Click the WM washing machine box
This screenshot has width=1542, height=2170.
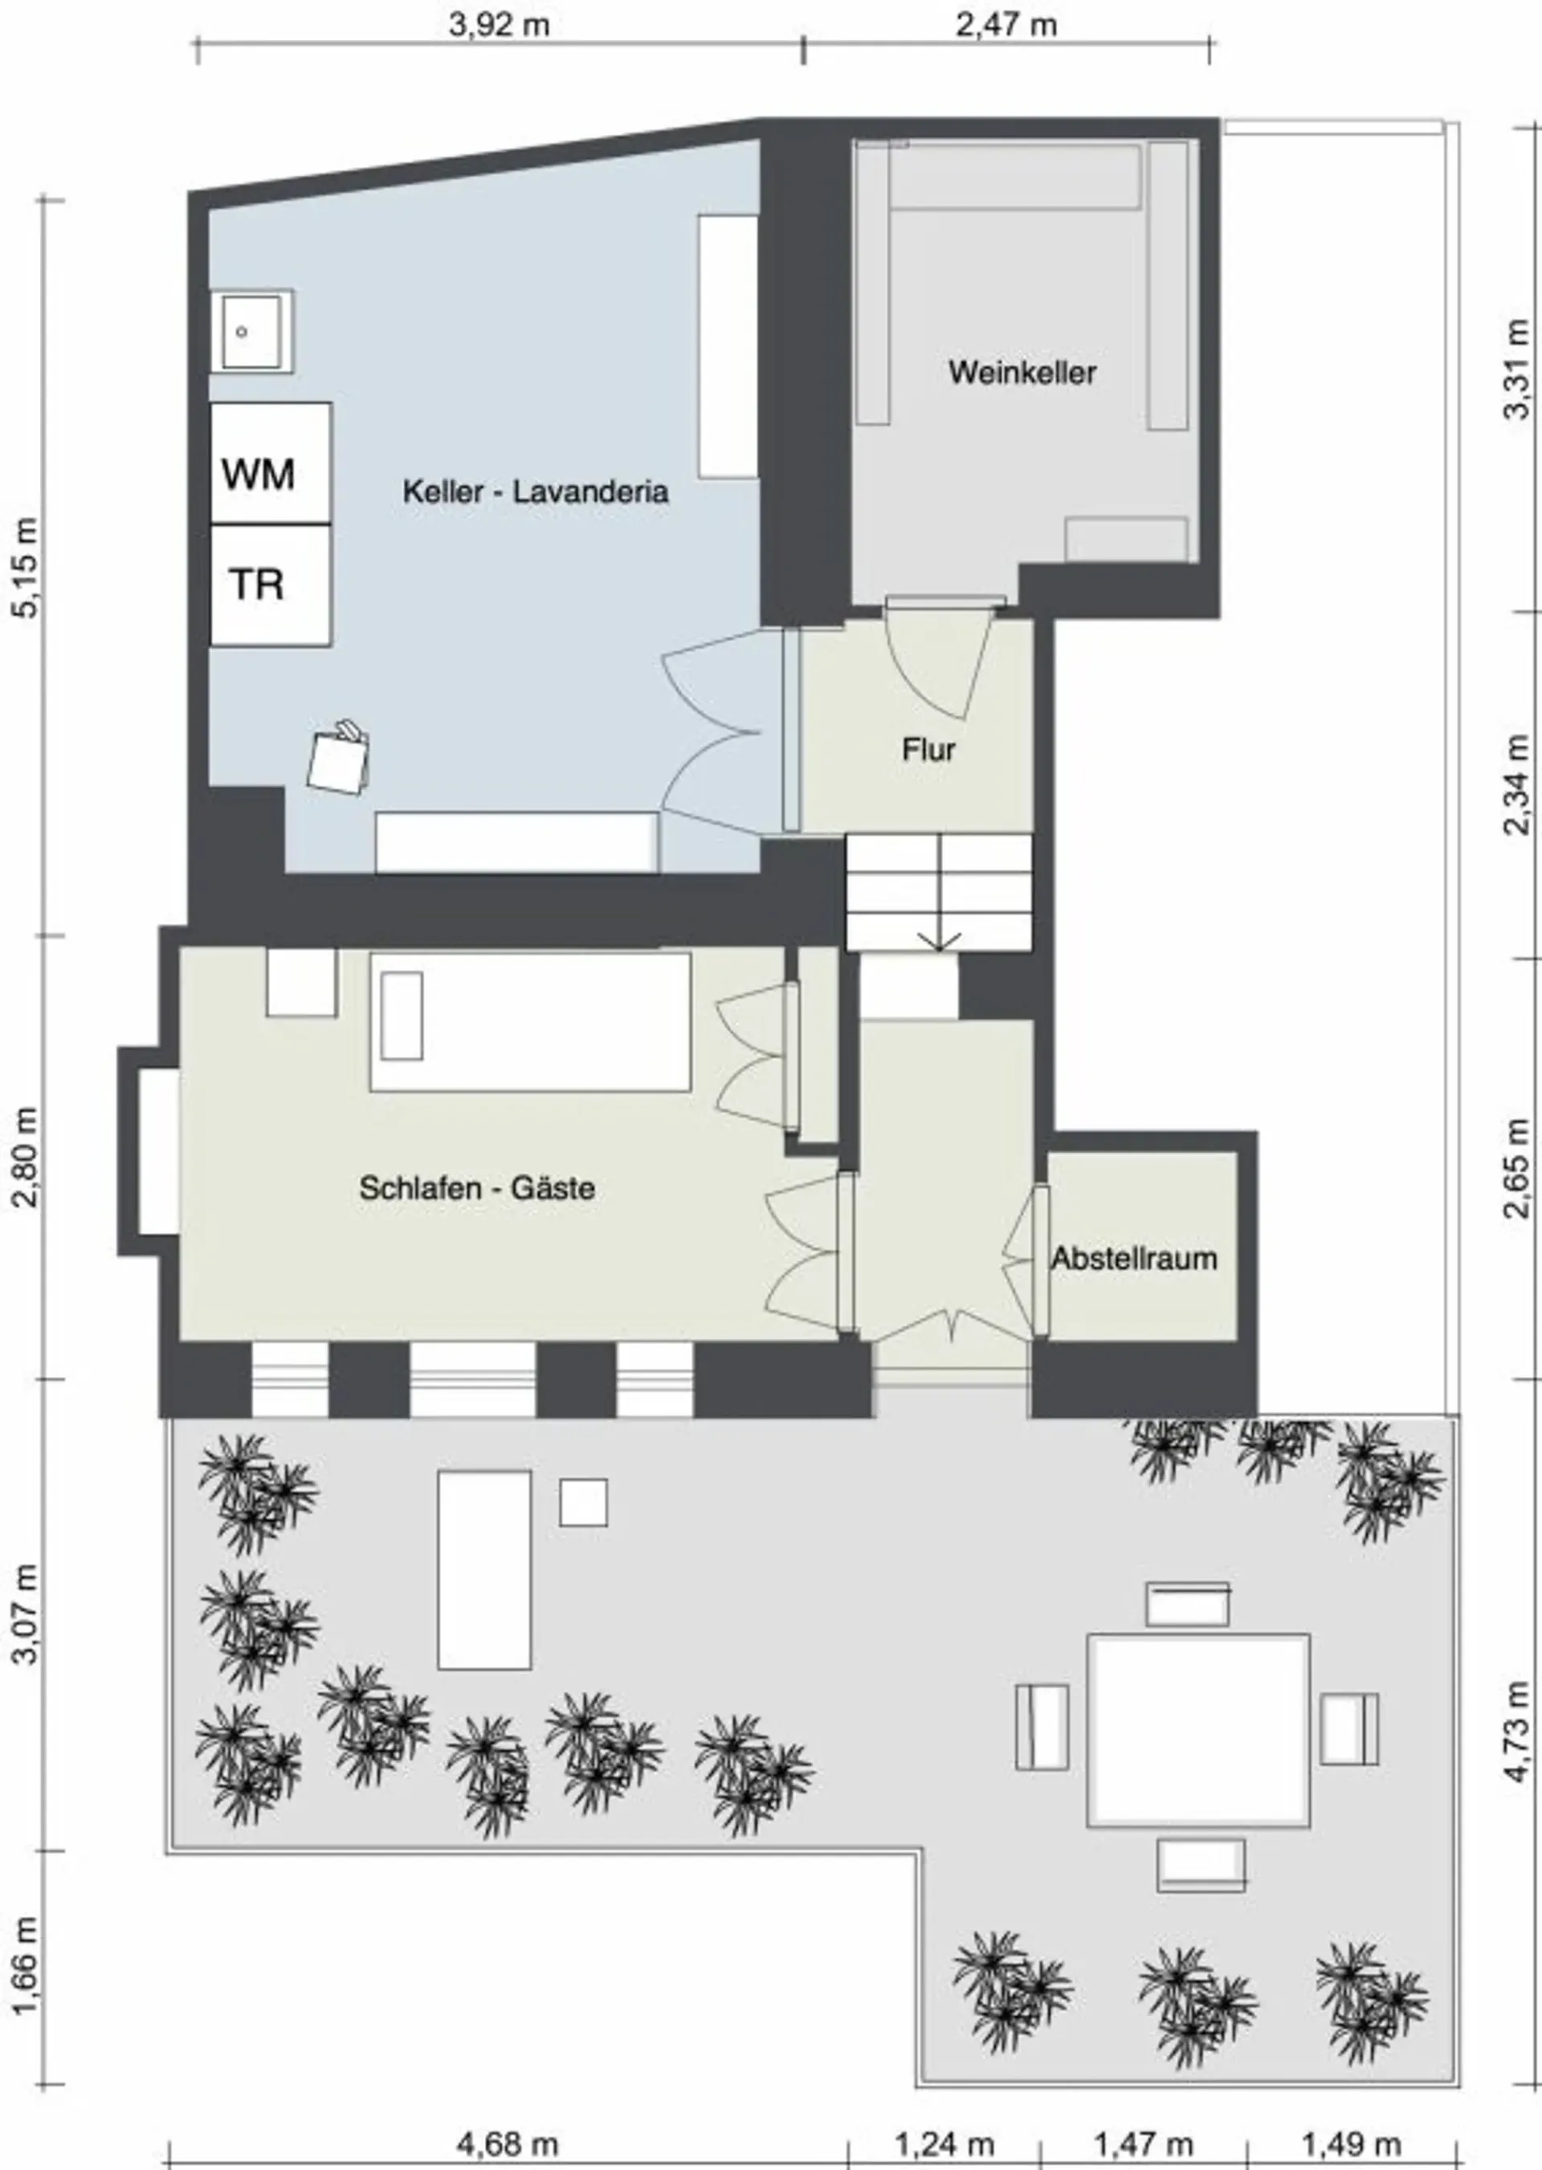point(271,462)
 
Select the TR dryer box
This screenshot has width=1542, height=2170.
point(271,584)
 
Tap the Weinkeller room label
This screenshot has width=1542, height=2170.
point(1022,373)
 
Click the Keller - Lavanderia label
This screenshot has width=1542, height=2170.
point(536,491)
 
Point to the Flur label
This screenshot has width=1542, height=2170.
point(928,750)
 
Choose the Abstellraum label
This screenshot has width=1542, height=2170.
point(1134,1259)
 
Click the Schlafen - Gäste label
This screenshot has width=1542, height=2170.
point(476,1187)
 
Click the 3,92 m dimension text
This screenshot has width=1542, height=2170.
point(500,24)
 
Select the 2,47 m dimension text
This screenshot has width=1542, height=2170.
point(1006,24)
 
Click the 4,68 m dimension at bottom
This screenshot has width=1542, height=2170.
point(508,2144)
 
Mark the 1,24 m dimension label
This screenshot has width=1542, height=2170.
point(944,2144)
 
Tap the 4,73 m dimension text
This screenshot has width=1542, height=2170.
point(1517,1731)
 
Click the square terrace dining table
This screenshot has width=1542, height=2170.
point(1198,1729)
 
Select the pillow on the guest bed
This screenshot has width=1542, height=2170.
point(402,1016)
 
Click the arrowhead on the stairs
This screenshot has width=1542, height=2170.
point(939,941)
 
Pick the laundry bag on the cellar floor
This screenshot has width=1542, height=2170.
point(339,759)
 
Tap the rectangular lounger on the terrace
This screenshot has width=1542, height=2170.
point(484,1570)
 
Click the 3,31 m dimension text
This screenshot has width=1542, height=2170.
point(1517,368)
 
